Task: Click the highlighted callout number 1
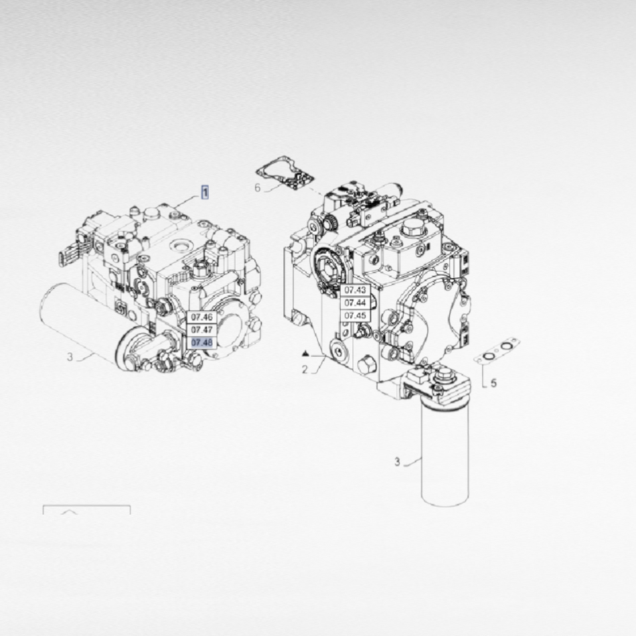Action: [x=206, y=192]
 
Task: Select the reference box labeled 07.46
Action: [x=202, y=317]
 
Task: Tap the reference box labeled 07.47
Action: [x=202, y=330]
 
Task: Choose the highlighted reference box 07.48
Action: [x=202, y=343]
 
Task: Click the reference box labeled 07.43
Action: [x=355, y=290]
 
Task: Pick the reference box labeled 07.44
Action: [x=355, y=303]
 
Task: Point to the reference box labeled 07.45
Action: [x=355, y=315]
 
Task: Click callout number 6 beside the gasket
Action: [x=258, y=188]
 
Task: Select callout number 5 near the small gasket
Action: [x=493, y=383]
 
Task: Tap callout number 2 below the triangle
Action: [x=305, y=370]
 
